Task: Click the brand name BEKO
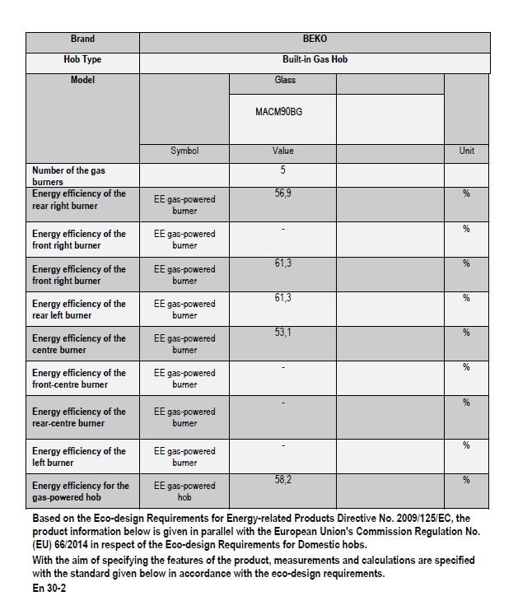[x=315, y=39]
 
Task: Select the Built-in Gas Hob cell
[x=315, y=60]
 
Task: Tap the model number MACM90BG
[x=278, y=111]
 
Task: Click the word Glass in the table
[x=284, y=81]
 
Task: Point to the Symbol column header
[x=184, y=151]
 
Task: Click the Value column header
[x=282, y=151]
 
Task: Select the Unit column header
[x=466, y=151]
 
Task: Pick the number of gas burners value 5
[x=282, y=170]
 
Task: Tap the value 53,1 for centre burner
[x=282, y=333]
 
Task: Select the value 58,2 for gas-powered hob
[x=282, y=480]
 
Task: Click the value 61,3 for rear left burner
[x=282, y=298]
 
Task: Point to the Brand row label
[x=82, y=39]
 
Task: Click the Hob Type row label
[x=82, y=60]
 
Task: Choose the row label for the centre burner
[x=79, y=344]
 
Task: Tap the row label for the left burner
[x=79, y=457]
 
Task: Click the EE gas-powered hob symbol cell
[x=184, y=491]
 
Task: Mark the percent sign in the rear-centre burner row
[x=466, y=403]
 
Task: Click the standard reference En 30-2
[x=50, y=589]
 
